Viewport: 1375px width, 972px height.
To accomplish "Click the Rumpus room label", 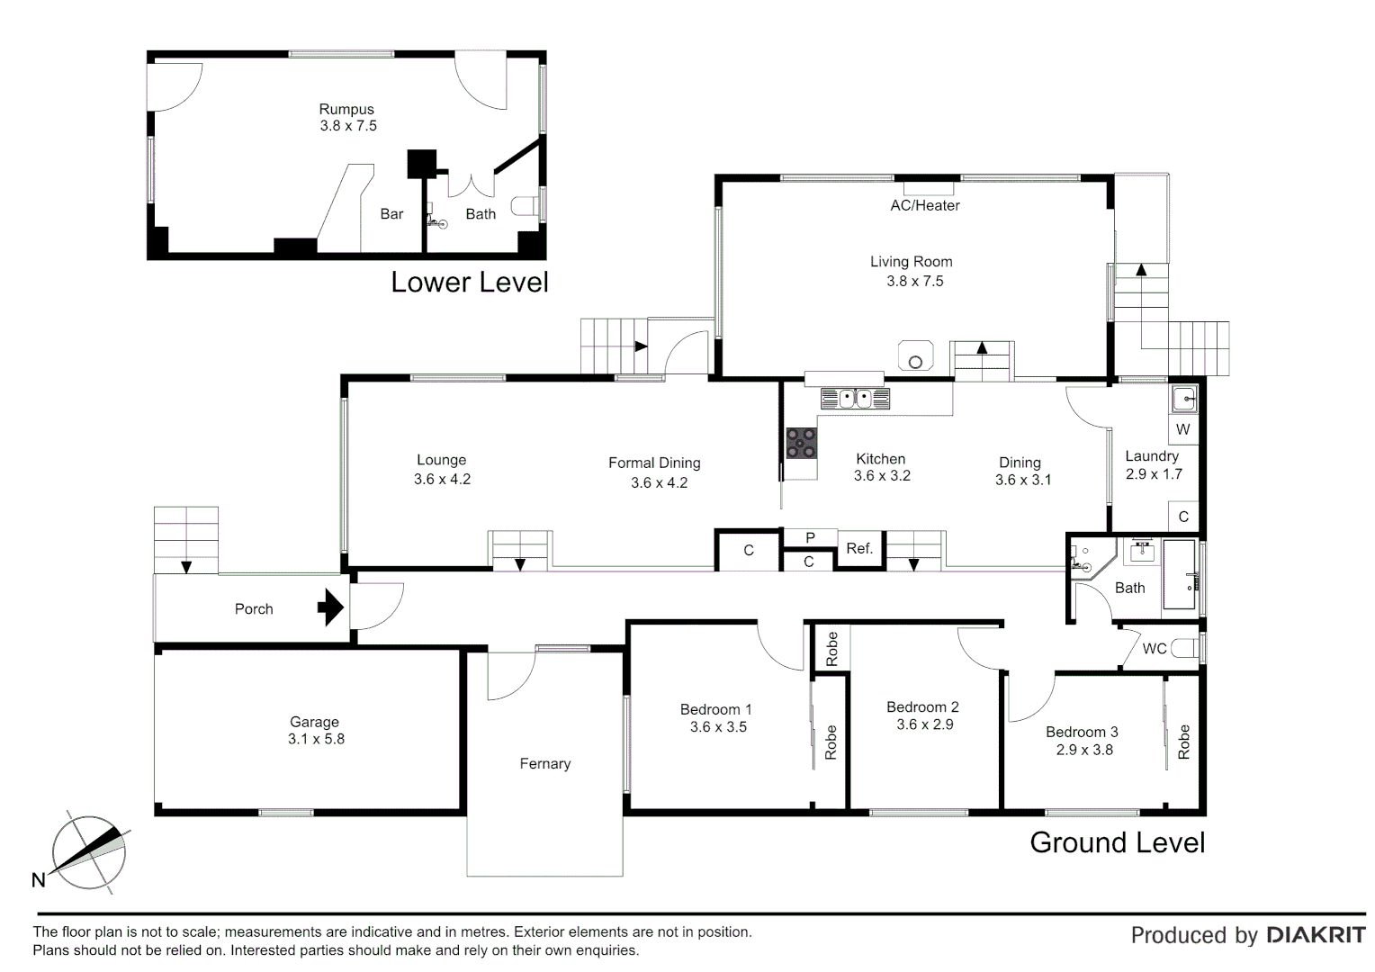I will click(346, 110).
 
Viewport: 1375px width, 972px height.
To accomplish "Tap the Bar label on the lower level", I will click(391, 214).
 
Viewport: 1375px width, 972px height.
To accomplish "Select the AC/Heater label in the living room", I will click(924, 205).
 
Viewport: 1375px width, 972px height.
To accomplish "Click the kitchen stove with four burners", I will click(801, 443).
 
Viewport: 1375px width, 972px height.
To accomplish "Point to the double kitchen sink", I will click(855, 398).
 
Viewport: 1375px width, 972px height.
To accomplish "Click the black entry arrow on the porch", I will click(330, 607).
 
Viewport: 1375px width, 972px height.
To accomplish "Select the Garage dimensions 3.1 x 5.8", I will click(316, 739).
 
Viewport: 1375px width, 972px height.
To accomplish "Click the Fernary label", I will click(544, 763).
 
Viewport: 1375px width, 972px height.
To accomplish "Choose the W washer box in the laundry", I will click(1182, 429).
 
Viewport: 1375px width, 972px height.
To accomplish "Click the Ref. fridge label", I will click(859, 548).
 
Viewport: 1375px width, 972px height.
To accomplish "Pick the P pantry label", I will click(810, 537).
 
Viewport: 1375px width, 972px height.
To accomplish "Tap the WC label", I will click(1155, 648).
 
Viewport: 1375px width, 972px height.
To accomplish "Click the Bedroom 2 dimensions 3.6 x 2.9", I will click(924, 724).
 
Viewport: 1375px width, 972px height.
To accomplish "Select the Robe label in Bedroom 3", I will click(1183, 742).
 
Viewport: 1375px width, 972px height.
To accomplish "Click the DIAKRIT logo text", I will click(1316, 935).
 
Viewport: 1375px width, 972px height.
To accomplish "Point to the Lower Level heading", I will click(469, 283).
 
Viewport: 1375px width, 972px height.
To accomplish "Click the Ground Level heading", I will click(1117, 842).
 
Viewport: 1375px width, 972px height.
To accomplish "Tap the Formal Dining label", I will click(654, 463).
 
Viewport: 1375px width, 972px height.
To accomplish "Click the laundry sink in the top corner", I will click(1184, 398).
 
